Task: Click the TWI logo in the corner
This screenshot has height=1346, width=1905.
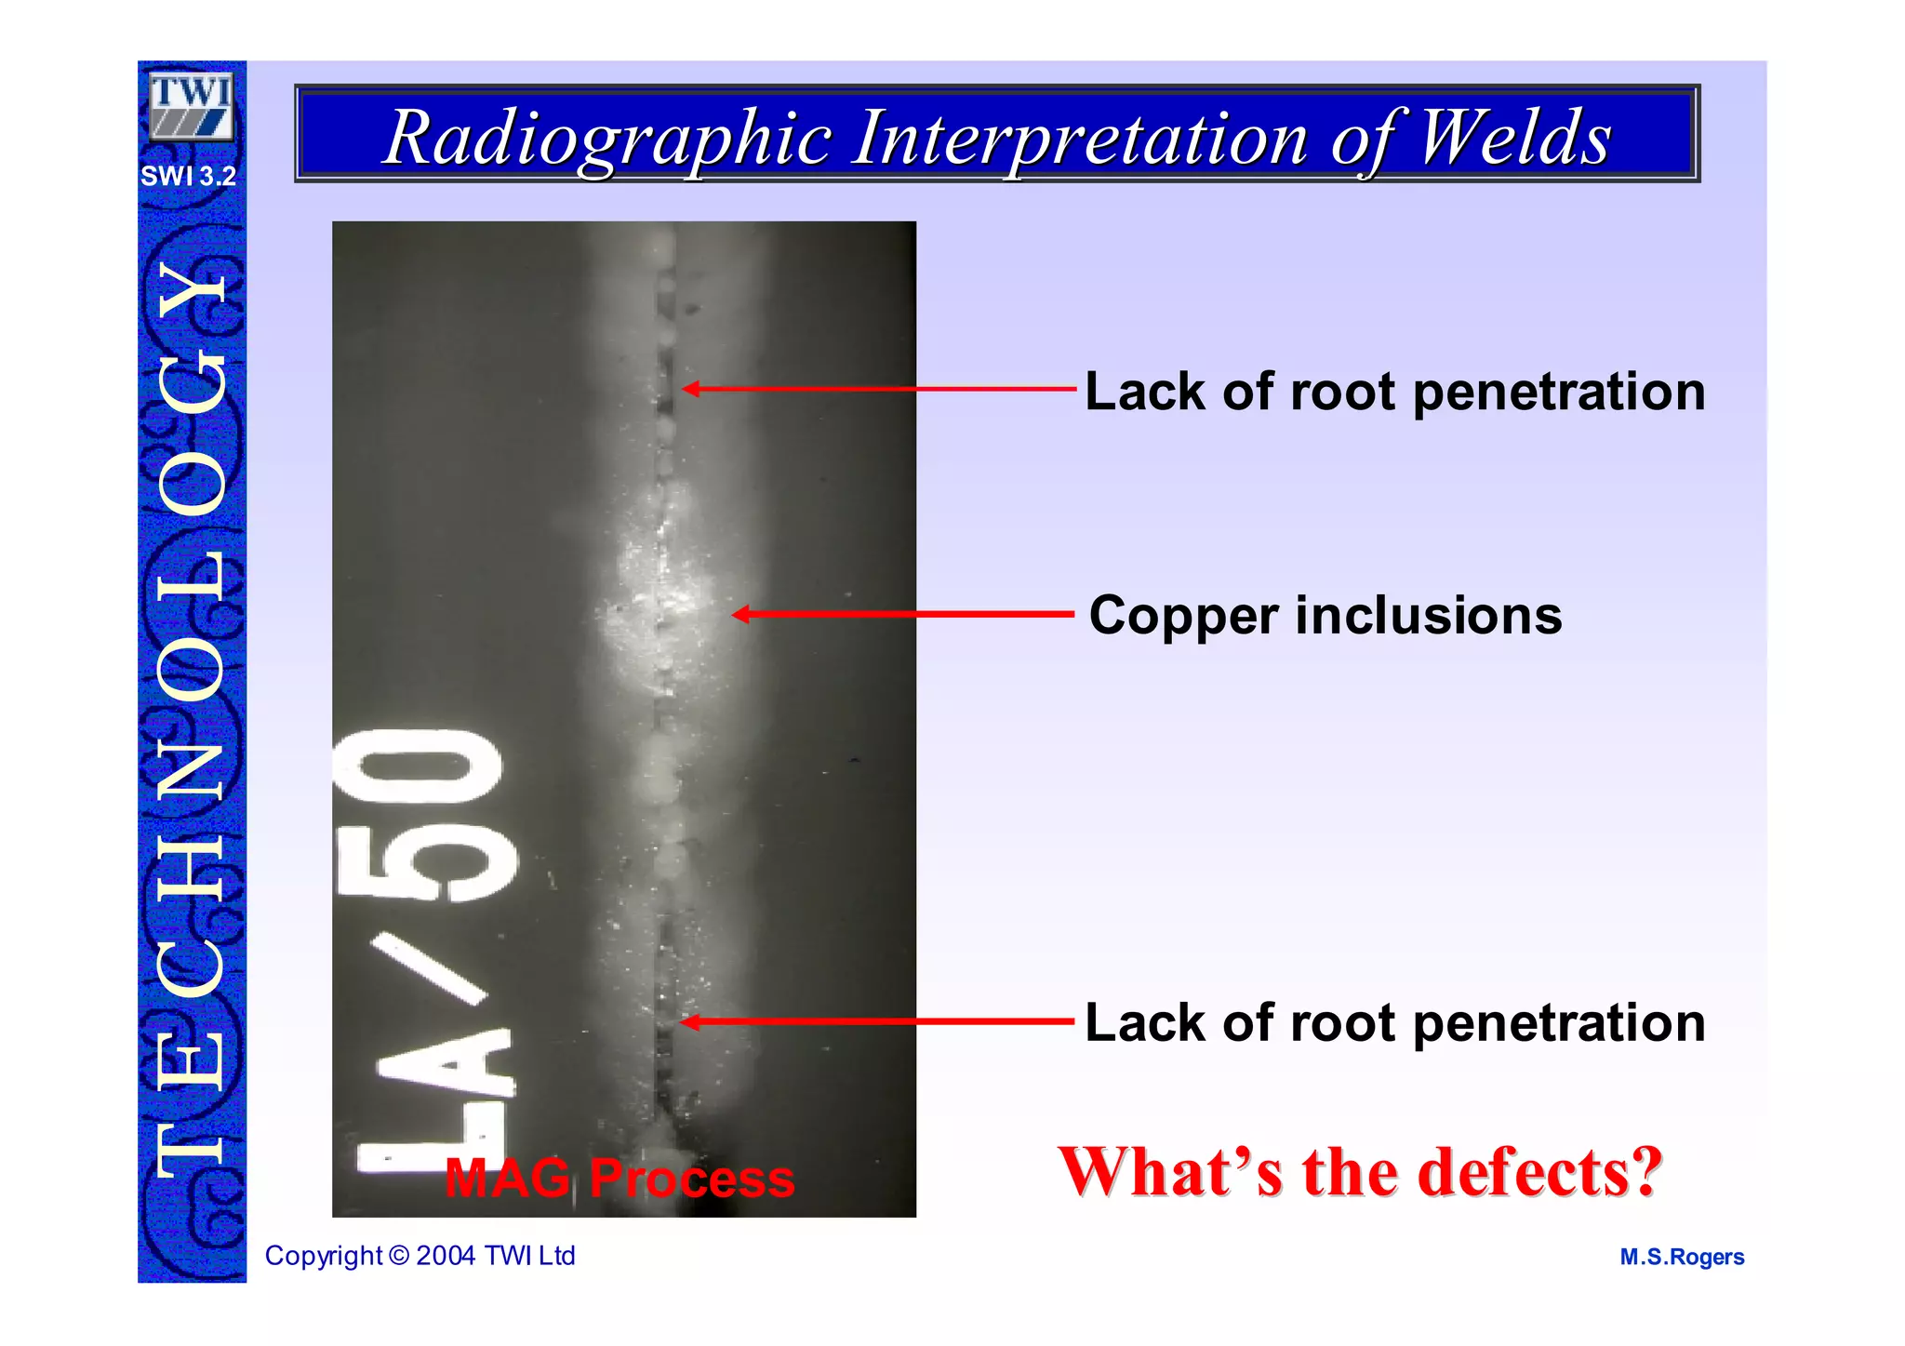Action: [192, 106]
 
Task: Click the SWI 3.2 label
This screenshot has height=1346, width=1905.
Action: [189, 176]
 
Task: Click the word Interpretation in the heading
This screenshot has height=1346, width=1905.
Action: [1080, 138]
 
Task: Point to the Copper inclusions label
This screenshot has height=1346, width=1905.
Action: [1325, 616]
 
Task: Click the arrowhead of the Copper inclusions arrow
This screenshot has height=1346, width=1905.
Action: [740, 614]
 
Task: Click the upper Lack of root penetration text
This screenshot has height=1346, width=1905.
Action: [1394, 391]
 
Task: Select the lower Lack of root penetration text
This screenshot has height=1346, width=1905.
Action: [1394, 1022]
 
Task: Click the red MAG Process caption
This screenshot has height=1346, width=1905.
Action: [619, 1179]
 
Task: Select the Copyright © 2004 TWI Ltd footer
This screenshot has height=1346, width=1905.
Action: [420, 1256]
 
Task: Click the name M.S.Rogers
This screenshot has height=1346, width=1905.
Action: [1682, 1257]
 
